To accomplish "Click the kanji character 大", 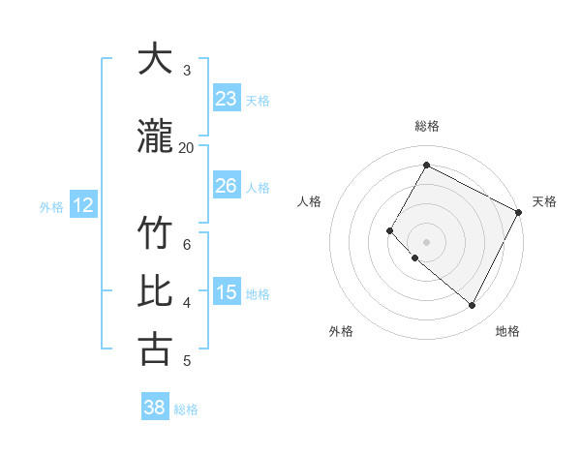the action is [x=155, y=59].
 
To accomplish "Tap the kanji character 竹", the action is [x=155, y=235].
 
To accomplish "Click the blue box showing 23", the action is [x=227, y=99].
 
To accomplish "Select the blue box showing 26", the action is [x=227, y=186].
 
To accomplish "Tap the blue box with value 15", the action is [x=227, y=292].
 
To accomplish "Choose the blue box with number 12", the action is [x=83, y=205].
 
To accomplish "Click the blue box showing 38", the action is [x=155, y=408].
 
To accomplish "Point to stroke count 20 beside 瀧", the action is [x=186, y=147].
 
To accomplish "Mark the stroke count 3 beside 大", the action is [x=186, y=71].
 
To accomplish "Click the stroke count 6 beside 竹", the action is [x=186, y=245].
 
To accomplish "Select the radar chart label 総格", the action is [x=426, y=126].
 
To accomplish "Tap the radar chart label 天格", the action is [x=544, y=201].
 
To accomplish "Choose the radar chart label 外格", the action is [x=341, y=331].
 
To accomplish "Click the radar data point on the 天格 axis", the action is [x=519, y=212].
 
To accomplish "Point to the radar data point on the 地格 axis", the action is [x=473, y=306].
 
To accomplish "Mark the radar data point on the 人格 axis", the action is [x=390, y=230].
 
